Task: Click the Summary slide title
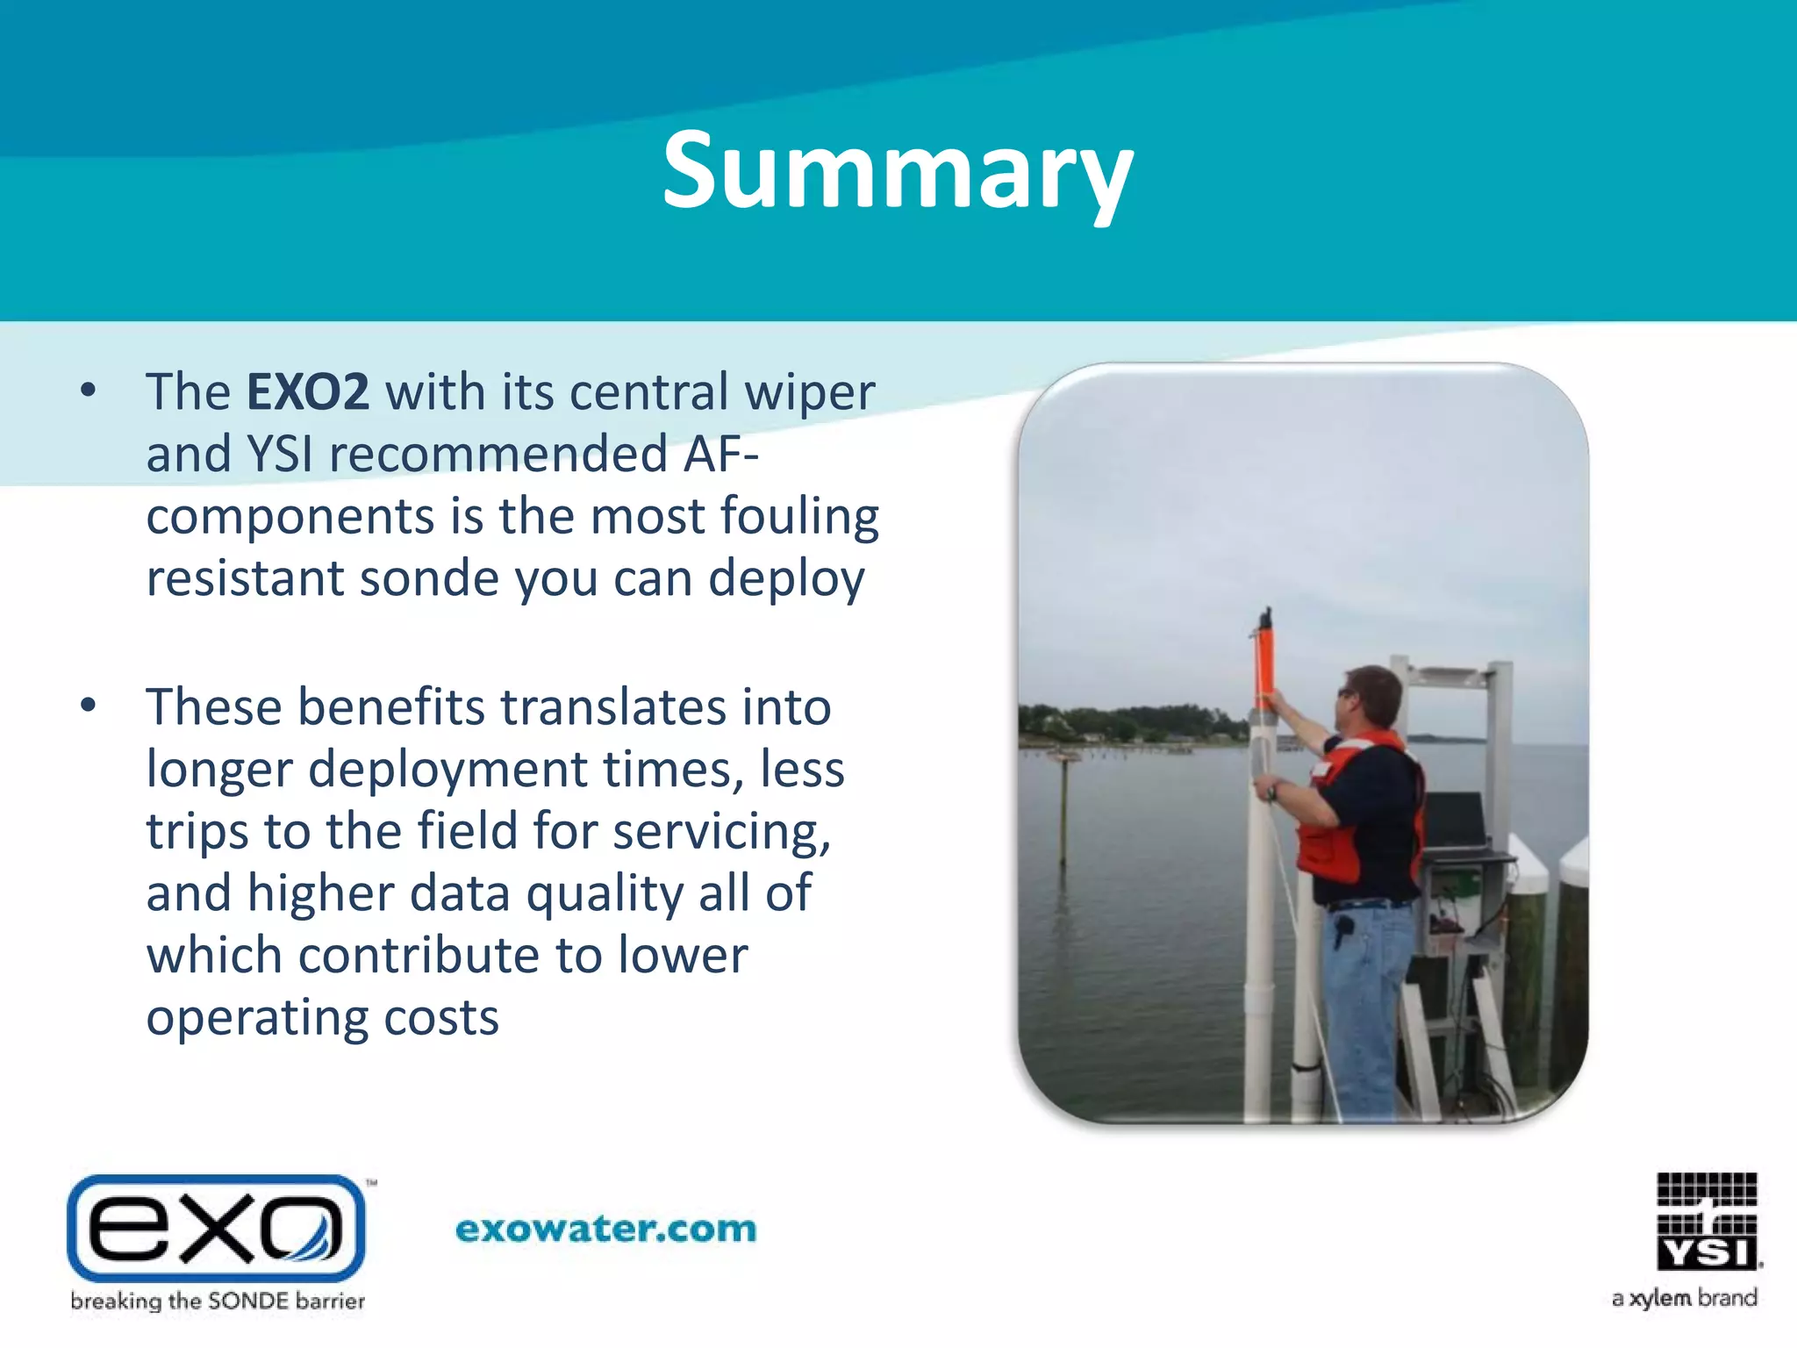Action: click(897, 172)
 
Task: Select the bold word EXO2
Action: click(307, 391)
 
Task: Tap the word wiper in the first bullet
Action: click(809, 391)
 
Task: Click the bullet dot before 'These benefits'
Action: click(88, 706)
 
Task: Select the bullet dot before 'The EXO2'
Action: click(88, 391)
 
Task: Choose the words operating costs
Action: click(322, 1018)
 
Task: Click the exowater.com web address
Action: click(605, 1229)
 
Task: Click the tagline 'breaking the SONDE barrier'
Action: click(218, 1301)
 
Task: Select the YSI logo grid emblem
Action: click(1707, 1220)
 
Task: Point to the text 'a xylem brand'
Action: click(1684, 1298)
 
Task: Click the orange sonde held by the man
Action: click(1264, 663)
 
